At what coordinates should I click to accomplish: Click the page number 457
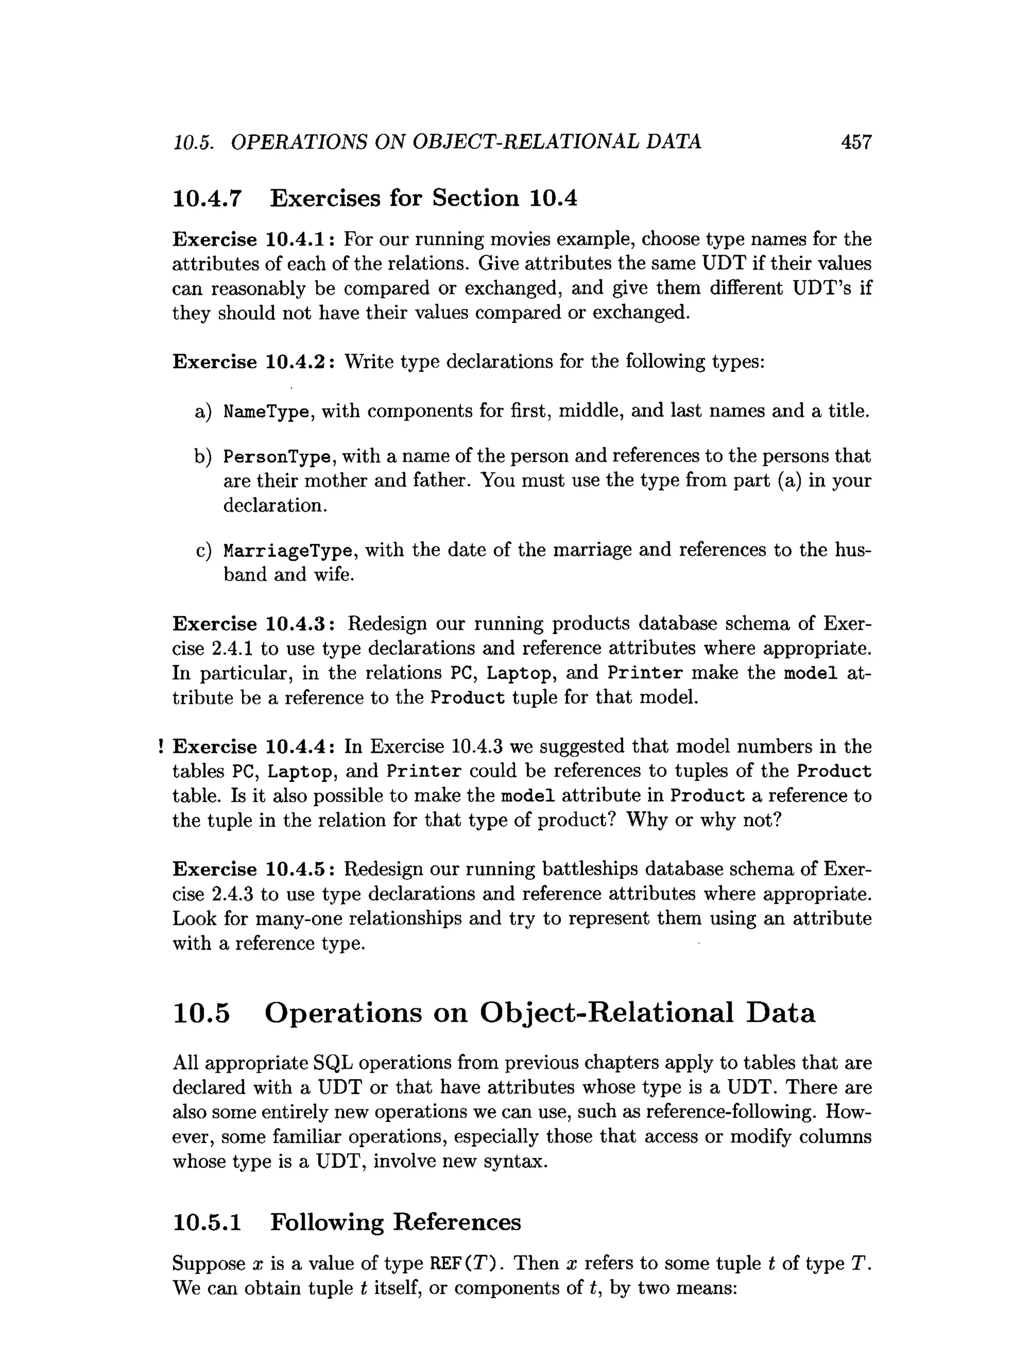(x=856, y=142)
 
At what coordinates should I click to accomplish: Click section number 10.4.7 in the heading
(x=207, y=199)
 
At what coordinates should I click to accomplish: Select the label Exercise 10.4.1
(x=253, y=239)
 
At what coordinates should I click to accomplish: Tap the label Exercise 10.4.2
(x=253, y=361)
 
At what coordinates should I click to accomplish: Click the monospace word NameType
(x=265, y=411)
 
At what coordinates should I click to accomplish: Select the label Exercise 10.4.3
(x=253, y=624)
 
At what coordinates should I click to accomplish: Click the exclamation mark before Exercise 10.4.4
(x=160, y=747)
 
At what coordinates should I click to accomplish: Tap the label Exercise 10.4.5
(x=253, y=869)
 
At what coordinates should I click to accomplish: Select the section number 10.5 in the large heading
(x=201, y=1013)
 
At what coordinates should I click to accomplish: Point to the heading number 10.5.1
(x=207, y=1223)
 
